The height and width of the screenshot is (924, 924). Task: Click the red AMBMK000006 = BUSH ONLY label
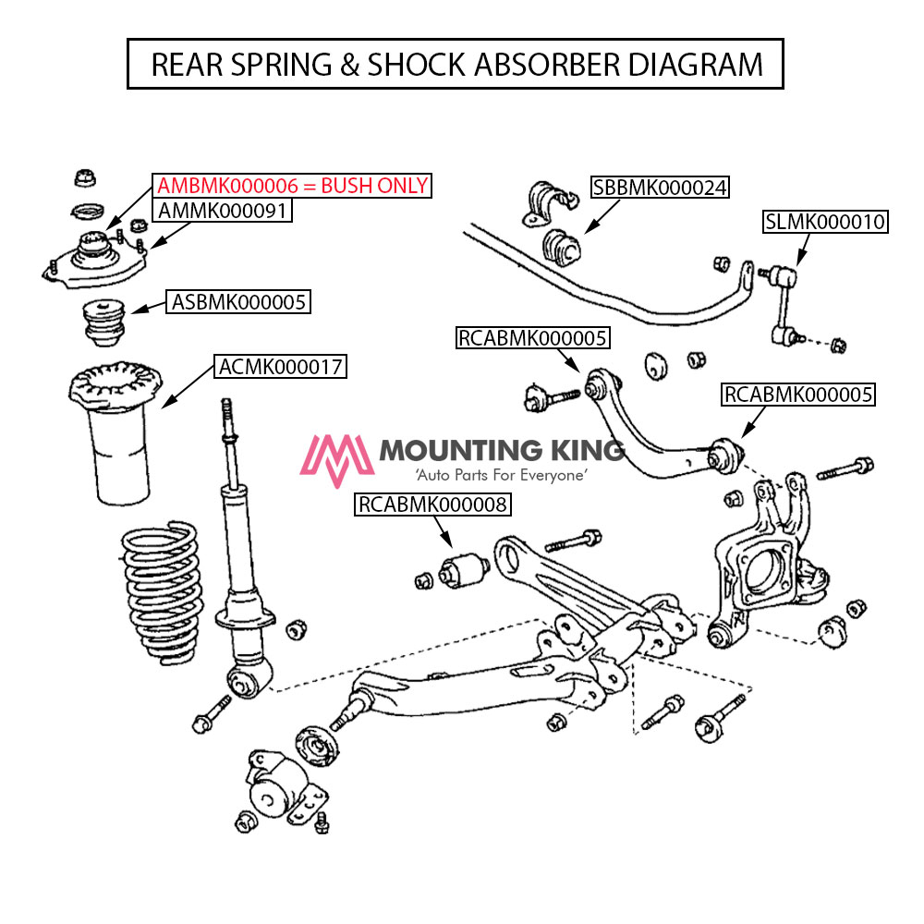(293, 186)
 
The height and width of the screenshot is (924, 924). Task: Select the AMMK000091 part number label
(224, 211)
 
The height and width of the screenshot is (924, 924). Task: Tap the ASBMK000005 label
(237, 300)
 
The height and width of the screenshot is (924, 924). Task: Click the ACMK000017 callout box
(281, 367)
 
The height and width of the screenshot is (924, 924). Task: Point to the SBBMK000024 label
(660, 188)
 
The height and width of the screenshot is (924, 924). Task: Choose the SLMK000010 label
(824, 222)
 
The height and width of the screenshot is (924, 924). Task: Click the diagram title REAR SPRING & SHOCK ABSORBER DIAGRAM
(456, 64)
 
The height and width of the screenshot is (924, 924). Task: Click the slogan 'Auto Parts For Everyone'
(501, 475)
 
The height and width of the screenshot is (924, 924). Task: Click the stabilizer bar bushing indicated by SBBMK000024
(558, 247)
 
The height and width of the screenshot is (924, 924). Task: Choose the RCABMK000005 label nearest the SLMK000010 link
(798, 395)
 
